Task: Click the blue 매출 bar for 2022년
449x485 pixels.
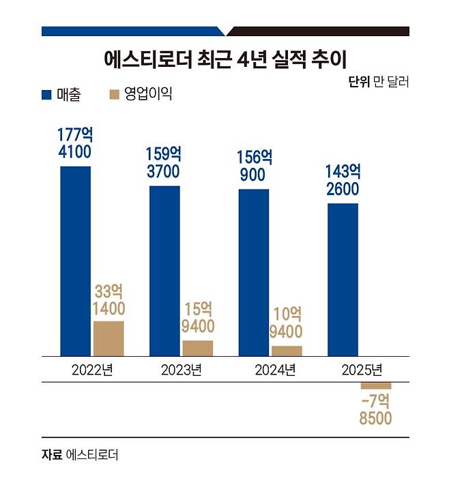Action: click(x=75, y=261)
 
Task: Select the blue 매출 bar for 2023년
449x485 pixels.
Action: click(x=164, y=270)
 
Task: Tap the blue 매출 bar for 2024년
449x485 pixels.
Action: click(x=253, y=272)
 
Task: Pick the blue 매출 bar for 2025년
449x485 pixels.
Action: click(x=343, y=279)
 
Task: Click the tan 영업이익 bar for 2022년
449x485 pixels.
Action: click(x=108, y=338)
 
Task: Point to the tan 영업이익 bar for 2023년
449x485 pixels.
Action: click(x=198, y=348)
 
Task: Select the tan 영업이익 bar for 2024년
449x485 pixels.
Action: click(x=287, y=351)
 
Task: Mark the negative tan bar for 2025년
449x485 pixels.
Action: click(x=376, y=386)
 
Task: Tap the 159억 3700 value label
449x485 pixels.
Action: click(x=164, y=162)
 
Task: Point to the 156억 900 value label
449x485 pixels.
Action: click(x=253, y=166)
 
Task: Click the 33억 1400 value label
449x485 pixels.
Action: click(x=108, y=299)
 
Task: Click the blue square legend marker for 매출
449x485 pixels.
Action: click(x=46, y=95)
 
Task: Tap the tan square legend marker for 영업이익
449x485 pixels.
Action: click(x=114, y=95)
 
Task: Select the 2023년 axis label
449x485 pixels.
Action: click(x=181, y=370)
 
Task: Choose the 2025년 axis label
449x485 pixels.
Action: click(x=360, y=370)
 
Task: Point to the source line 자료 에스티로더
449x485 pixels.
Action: click(x=79, y=454)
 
